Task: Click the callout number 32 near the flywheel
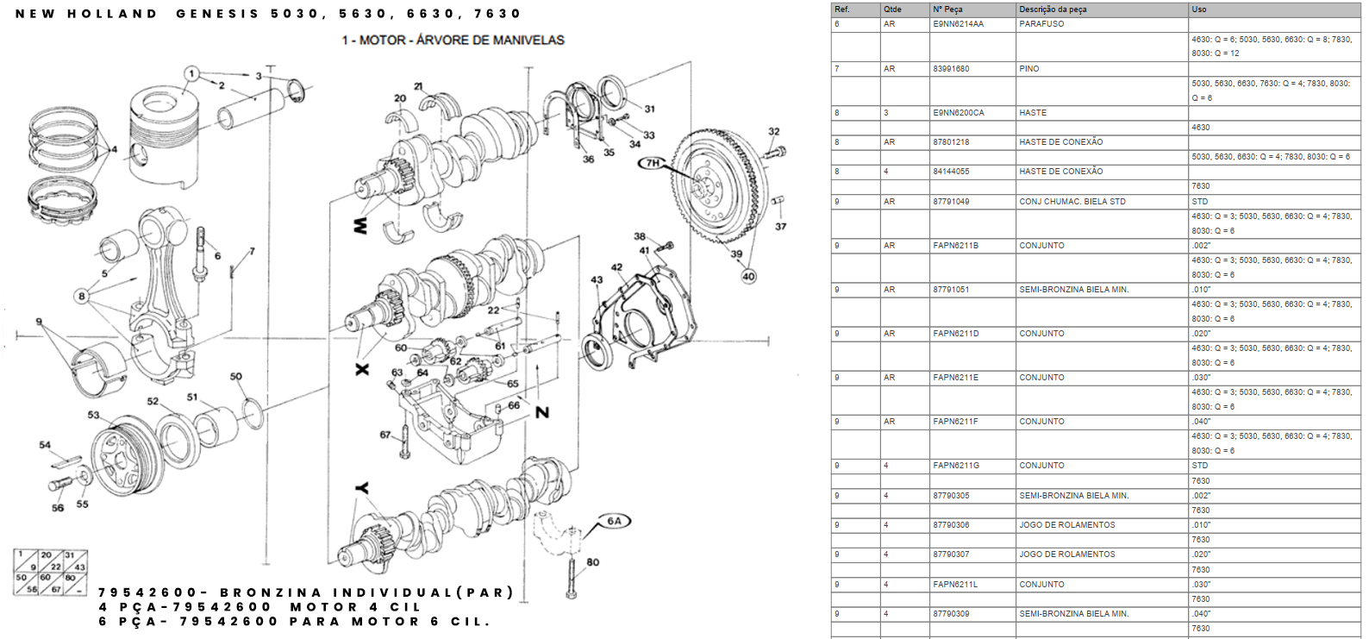pyautogui.click(x=773, y=132)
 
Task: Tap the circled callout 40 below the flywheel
pyautogui.click(x=748, y=276)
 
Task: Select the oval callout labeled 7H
pyautogui.click(x=653, y=162)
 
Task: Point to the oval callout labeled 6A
pyautogui.click(x=614, y=521)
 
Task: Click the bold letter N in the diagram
pyautogui.click(x=542, y=412)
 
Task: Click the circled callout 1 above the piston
pyautogui.click(x=191, y=74)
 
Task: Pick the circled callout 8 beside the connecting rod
pyautogui.click(x=82, y=296)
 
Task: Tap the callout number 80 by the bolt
pyautogui.click(x=593, y=562)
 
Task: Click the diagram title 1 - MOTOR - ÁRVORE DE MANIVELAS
pyautogui.click(x=453, y=40)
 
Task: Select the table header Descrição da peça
pyautogui.click(x=1053, y=9)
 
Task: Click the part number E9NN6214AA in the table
pyautogui.click(x=958, y=24)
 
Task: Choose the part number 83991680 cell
pyautogui.click(x=951, y=69)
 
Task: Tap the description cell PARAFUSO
pyautogui.click(x=1041, y=24)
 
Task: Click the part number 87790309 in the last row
pyautogui.click(x=951, y=614)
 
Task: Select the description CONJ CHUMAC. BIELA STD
pyautogui.click(x=1072, y=202)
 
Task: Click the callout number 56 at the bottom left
pyautogui.click(x=58, y=508)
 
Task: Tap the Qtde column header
pyautogui.click(x=892, y=9)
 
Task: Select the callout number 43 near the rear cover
pyautogui.click(x=597, y=279)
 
